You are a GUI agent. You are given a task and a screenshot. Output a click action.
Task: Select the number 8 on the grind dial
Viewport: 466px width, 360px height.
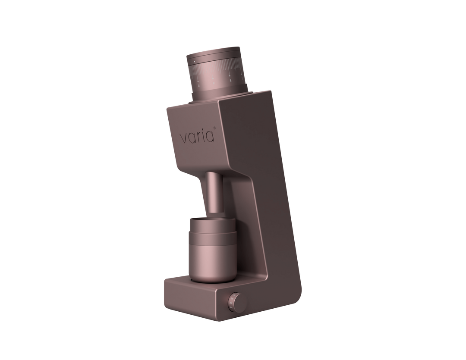tap(231, 79)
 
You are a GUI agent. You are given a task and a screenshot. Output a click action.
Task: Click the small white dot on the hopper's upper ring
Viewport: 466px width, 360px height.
tap(195, 63)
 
